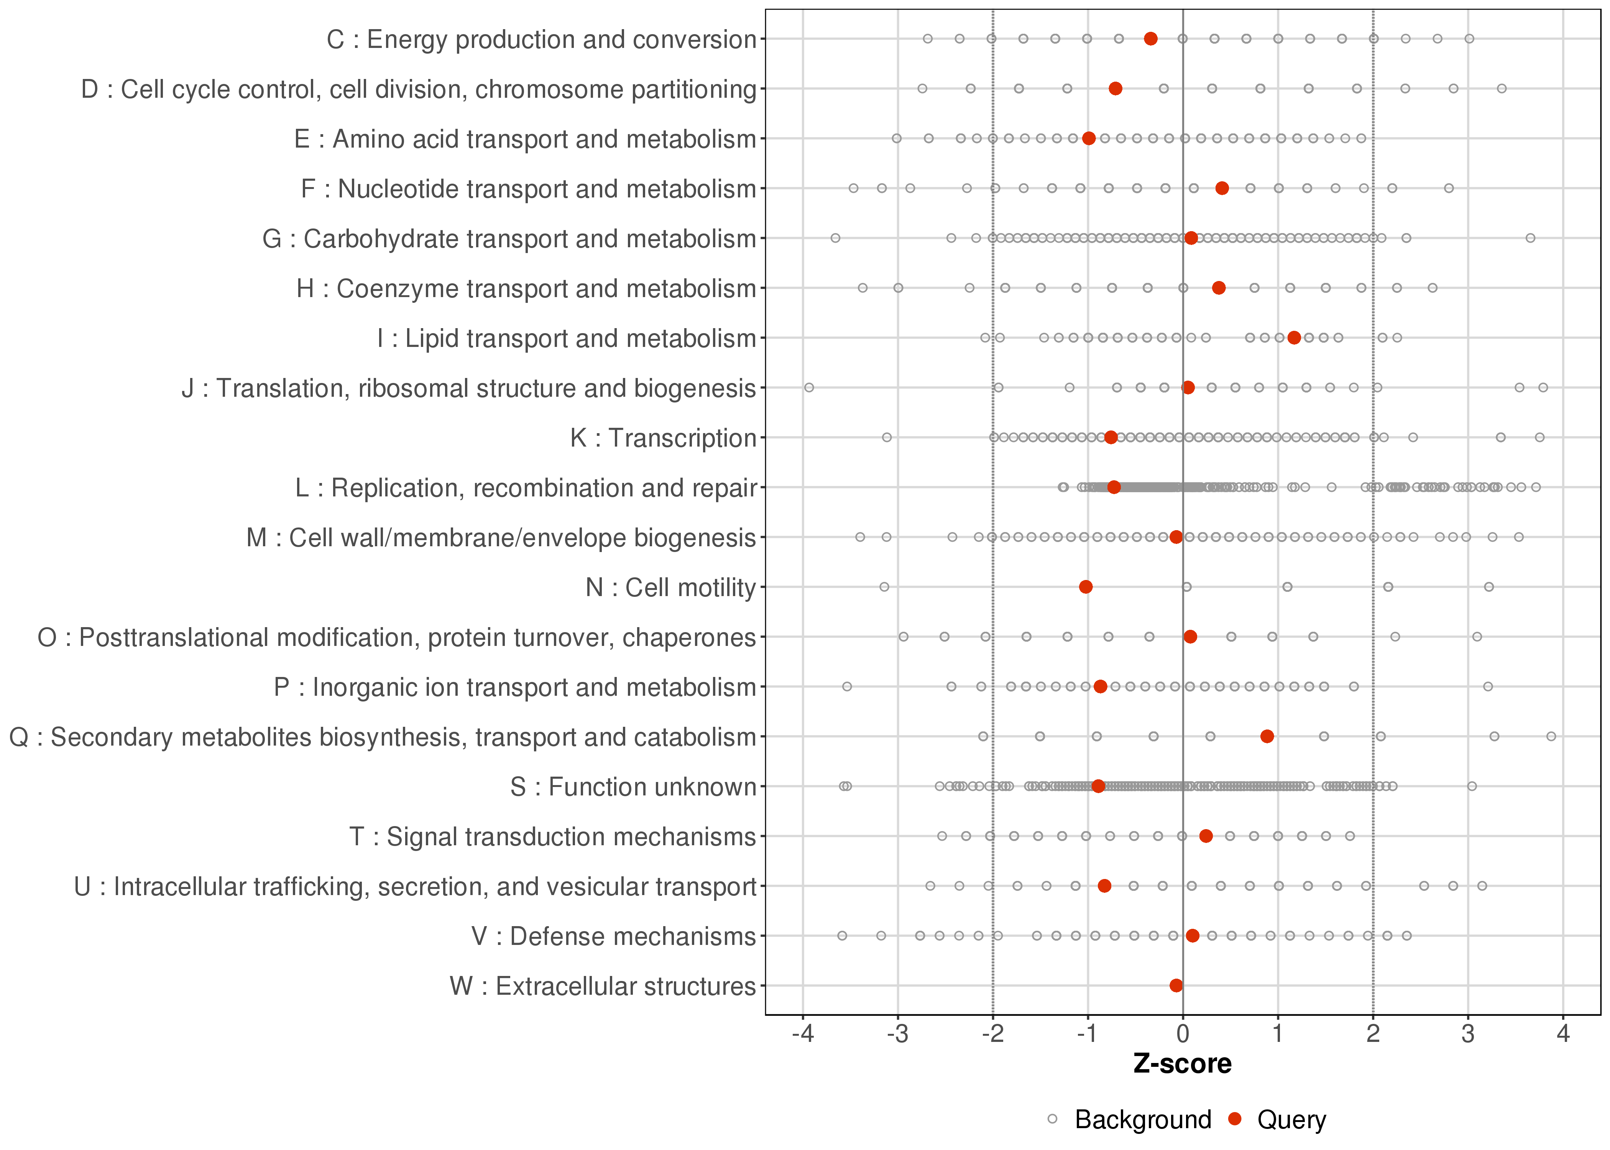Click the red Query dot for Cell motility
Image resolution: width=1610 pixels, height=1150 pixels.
pos(1085,587)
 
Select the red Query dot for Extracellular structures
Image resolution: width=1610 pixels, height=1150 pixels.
pos(1176,986)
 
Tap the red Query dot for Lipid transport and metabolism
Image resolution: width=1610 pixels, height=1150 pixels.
pos(1294,338)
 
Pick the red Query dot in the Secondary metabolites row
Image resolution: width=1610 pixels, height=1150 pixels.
pos(1267,736)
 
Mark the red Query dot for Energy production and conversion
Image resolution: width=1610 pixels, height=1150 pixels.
pos(1150,39)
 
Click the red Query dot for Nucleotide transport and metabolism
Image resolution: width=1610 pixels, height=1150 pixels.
pos(1222,188)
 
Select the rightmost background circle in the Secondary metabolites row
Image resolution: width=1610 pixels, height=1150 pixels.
pos(1551,736)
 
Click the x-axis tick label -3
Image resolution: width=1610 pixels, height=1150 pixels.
pos(898,1035)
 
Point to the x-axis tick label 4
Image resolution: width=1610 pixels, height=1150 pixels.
pos(1563,1035)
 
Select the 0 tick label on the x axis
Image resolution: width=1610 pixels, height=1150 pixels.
pos(1182,1035)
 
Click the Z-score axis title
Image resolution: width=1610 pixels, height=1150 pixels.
pos(1182,1064)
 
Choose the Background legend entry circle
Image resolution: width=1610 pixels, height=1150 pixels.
pos(1053,1120)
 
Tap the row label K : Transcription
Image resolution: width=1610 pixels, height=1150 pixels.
pos(664,438)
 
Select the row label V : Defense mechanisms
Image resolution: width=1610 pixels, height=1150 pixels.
pos(614,936)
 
